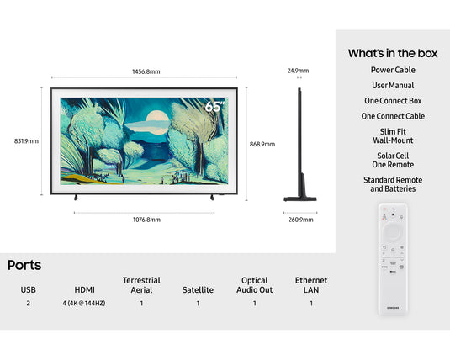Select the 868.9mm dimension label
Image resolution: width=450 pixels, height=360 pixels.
coord(262,144)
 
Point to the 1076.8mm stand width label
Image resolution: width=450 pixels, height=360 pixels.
coord(146,220)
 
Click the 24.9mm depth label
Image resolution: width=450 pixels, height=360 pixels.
coord(298,71)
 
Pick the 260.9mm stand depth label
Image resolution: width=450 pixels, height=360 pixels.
coord(300,220)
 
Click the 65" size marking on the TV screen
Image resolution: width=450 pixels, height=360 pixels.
coord(215,108)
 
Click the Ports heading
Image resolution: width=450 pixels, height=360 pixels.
coord(24,265)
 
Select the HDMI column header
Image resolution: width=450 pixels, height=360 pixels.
coord(84,289)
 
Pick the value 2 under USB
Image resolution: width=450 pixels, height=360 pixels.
coord(28,303)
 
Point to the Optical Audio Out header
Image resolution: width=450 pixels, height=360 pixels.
coord(254,285)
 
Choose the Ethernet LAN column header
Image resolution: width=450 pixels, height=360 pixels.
coord(310,285)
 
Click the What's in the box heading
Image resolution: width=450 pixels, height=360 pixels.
coord(393,53)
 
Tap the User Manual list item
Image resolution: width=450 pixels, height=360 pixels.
coord(393,86)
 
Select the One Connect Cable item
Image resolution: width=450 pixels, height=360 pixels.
coord(393,116)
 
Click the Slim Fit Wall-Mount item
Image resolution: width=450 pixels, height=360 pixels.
coord(393,135)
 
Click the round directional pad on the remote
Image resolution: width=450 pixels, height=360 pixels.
coord(393,230)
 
